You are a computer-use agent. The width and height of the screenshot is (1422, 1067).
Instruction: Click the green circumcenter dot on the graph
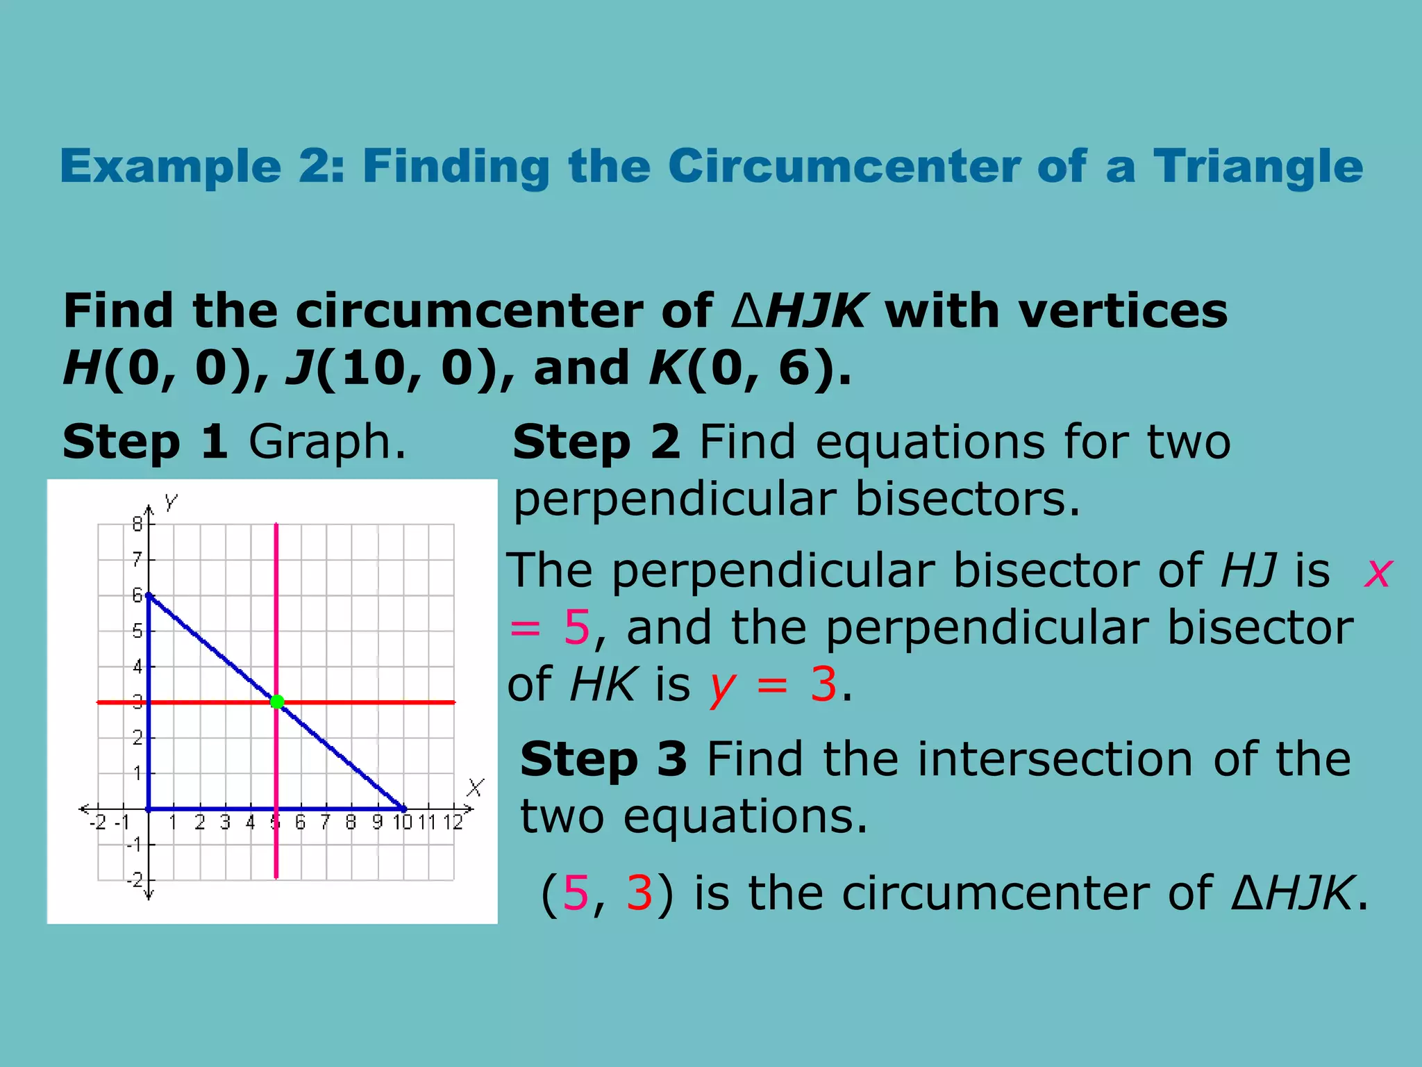277,702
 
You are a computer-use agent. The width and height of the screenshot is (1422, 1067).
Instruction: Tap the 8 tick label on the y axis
137,524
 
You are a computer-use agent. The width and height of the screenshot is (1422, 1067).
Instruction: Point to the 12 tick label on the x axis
453,822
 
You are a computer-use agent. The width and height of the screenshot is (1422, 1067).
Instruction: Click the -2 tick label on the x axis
99,822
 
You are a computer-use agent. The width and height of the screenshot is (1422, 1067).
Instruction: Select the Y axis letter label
171,502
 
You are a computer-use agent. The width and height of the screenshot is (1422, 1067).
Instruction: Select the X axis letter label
475,788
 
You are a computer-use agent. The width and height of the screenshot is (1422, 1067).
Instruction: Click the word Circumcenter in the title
843,167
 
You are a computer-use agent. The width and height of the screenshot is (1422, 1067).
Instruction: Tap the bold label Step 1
145,442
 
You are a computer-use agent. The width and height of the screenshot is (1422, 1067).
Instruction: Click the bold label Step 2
596,442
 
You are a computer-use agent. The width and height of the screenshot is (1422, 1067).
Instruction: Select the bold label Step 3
603,759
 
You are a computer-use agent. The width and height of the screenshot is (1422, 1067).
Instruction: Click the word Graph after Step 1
326,442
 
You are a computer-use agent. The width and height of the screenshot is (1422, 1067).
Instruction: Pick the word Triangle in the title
1258,167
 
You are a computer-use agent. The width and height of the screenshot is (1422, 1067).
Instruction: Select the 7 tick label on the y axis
137,559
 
